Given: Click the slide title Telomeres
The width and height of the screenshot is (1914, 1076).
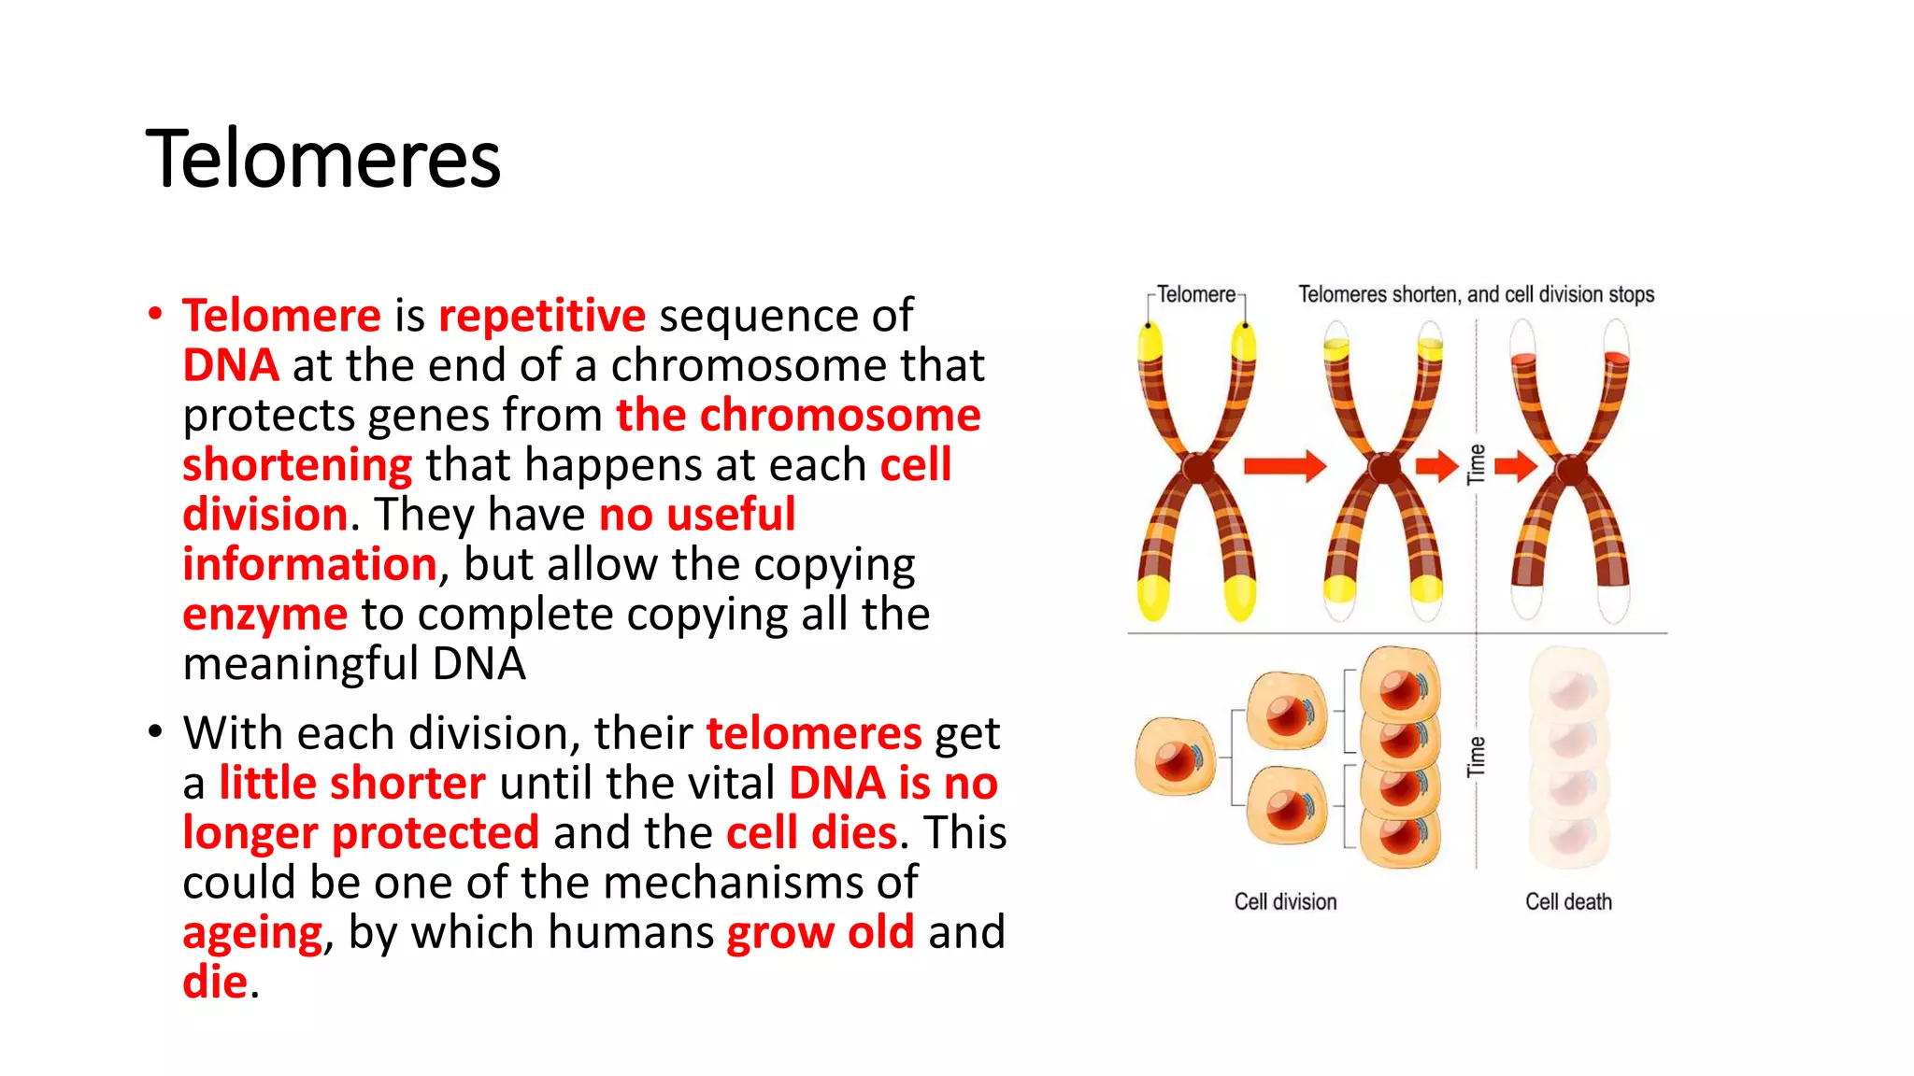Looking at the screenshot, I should click(x=323, y=159).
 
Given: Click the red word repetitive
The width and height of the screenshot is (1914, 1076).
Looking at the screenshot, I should click(x=541, y=316).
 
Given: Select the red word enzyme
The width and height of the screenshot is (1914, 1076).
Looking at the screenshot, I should click(x=264, y=615).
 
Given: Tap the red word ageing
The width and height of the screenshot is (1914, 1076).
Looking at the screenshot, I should click(x=252, y=932).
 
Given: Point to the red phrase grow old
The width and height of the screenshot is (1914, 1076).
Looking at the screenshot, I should click(x=820, y=932).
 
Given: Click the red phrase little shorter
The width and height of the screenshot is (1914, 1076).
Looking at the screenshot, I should click(x=351, y=783).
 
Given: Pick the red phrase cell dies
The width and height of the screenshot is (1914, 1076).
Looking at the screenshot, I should click(x=811, y=832).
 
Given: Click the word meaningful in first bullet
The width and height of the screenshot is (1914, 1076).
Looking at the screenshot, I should click(x=301, y=664).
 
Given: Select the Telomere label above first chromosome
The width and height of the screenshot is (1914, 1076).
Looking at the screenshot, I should click(x=1195, y=294).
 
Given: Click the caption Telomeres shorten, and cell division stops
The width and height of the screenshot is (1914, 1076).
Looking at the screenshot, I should click(x=1476, y=294).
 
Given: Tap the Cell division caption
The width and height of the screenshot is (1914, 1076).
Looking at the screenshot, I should click(x=1285, y=901).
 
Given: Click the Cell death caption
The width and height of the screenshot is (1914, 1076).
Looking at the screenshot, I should click(x=1568, y=901).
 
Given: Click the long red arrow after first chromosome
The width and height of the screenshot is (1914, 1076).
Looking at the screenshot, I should click(x=1284, y=465).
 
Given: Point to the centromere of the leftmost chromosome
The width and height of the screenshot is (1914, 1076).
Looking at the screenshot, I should click(x=1196, y=466).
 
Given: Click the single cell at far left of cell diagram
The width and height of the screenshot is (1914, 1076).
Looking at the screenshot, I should click(x=1175, y=757).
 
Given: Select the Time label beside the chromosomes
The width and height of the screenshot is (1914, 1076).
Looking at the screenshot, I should click(x=1477, y=464).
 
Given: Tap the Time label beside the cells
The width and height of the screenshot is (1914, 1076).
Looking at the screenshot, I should click(x=1477, y=757).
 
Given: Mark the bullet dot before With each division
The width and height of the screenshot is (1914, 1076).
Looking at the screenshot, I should click(x=155, y=731).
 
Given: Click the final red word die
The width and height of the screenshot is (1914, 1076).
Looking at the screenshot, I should click(x=215, y=982).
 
